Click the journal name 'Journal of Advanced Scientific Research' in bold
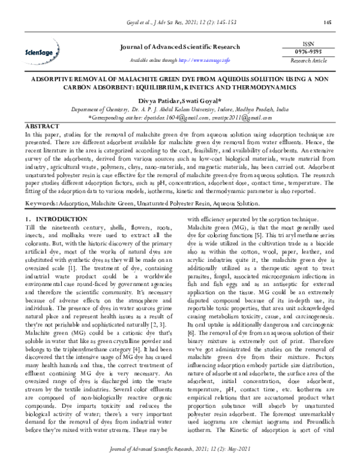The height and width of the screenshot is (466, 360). tap(179, 47)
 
